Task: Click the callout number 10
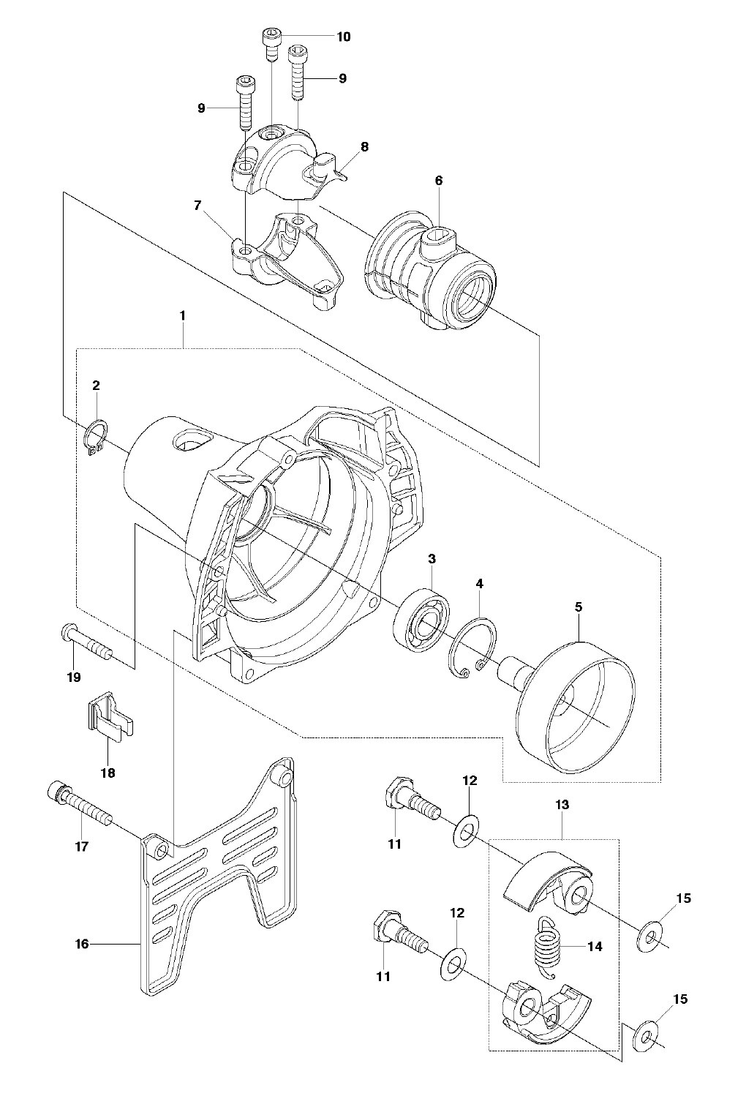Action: [344, 37]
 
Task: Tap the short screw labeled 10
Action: [272, 45]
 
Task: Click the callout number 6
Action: [438, 180]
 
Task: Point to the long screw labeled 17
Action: [80, 804]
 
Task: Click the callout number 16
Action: [82, 943]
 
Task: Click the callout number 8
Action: [365, 146]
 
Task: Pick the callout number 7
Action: [197, 205]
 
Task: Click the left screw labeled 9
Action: [245, 102]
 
